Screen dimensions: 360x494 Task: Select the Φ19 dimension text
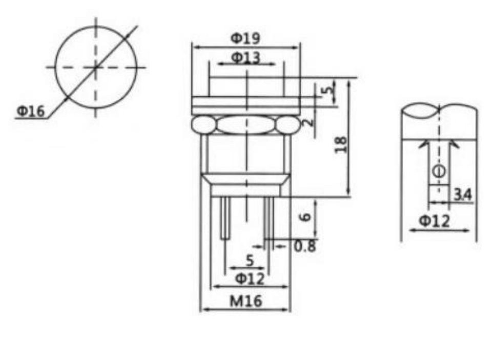(x=245, y=38)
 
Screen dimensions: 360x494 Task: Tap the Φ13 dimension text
(x=245, y=57)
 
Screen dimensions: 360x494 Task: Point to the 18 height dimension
(x=341, y=144)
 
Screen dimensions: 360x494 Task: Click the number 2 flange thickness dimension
(x=309, y=122)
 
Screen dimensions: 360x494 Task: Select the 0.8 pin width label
(x=305, y=246)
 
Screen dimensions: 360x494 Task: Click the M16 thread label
(x=245, y=301)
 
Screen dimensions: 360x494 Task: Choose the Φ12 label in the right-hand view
(x=435, y=221)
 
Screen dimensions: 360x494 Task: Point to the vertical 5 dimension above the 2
(x=328, y=92)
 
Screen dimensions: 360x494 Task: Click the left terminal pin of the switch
(x=224, y=218)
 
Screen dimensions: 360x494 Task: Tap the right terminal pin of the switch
(x=269, y=218)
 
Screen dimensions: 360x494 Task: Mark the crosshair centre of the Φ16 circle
(x=95, y=67)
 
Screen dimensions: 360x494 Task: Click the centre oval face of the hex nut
(x=247, y=124)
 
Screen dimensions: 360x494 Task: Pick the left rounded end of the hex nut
(x=203, y=124)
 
